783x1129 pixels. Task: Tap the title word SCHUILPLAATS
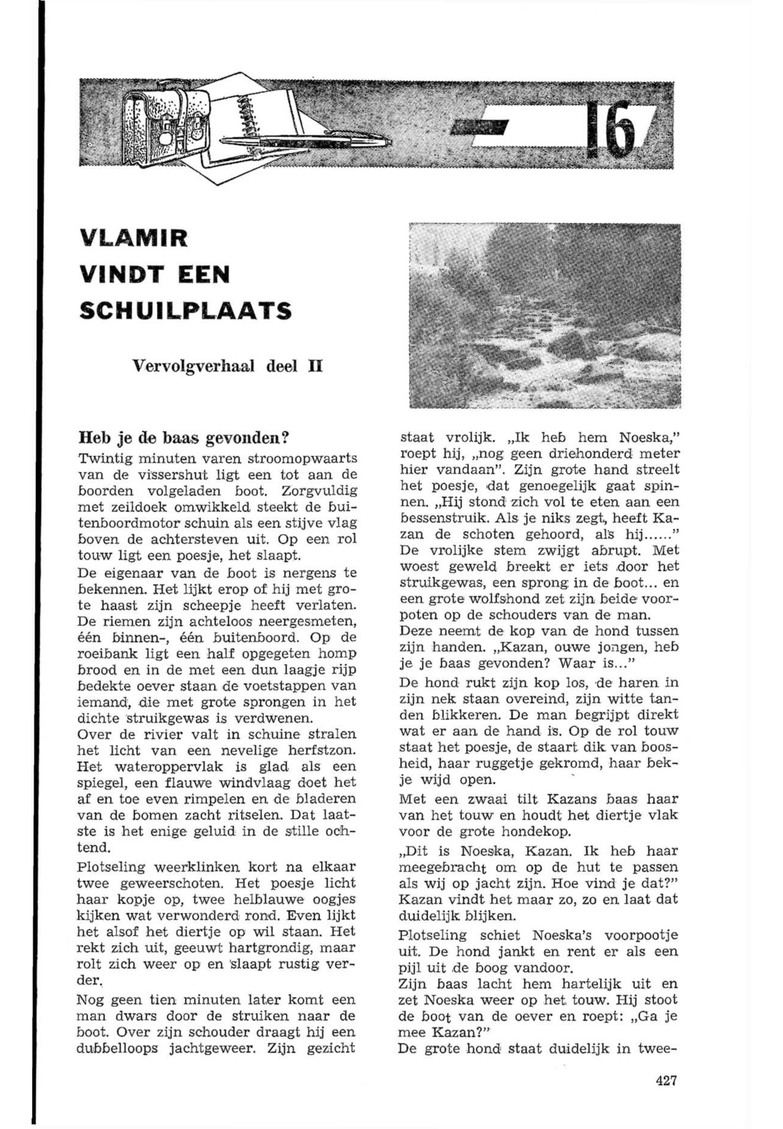185,311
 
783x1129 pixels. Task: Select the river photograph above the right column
544,315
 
